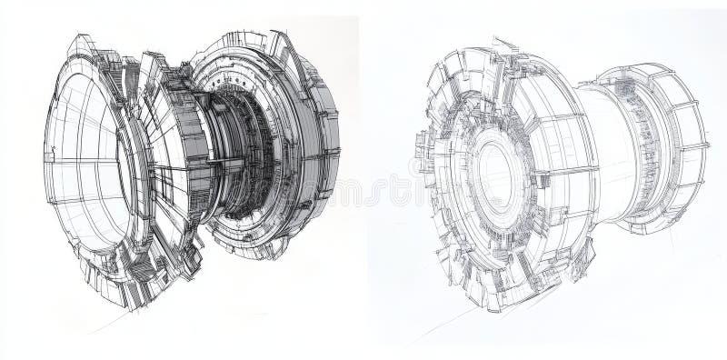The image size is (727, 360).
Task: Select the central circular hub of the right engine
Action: [x=495, y=173]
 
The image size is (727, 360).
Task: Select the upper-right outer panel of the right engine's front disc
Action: [x=554, y=91]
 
